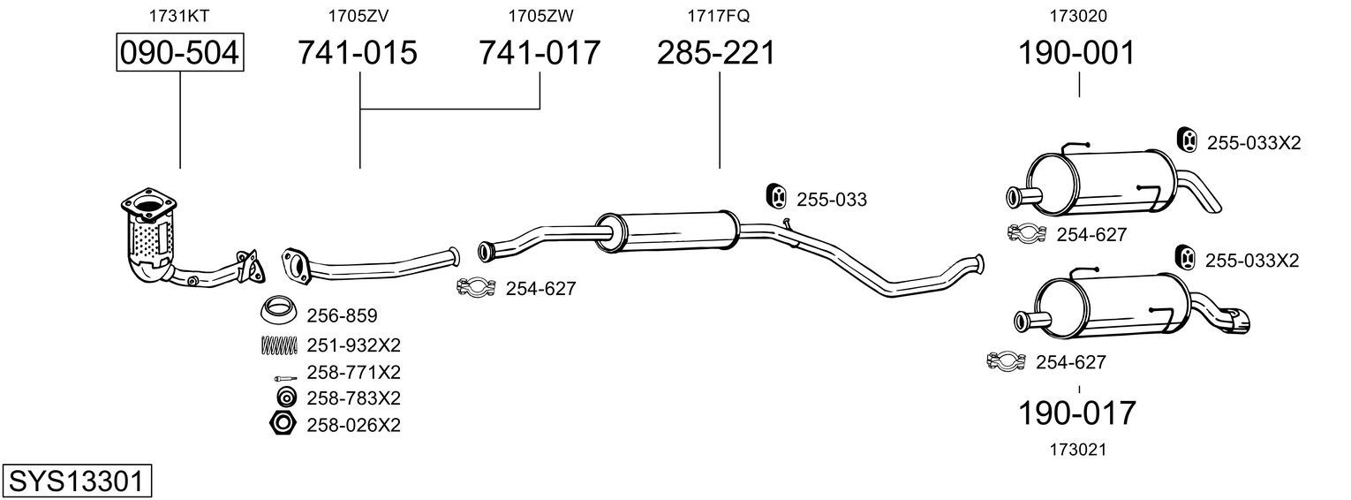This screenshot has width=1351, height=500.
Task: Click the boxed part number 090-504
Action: point(180,52)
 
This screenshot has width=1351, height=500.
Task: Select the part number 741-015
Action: point(357,52)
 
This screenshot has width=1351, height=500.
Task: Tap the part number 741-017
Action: point(540,52)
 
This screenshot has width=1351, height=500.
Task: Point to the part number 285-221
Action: point(716,52)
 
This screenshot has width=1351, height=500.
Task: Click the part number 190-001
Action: point(1076,52)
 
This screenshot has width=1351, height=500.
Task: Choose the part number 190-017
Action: point(1076,413)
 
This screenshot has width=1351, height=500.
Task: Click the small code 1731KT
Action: point(179,16)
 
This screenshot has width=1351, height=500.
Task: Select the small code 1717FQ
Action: point(718,16)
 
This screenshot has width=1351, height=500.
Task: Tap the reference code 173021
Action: point(1078,450)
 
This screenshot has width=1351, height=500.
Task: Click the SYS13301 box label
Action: point(77,481)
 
